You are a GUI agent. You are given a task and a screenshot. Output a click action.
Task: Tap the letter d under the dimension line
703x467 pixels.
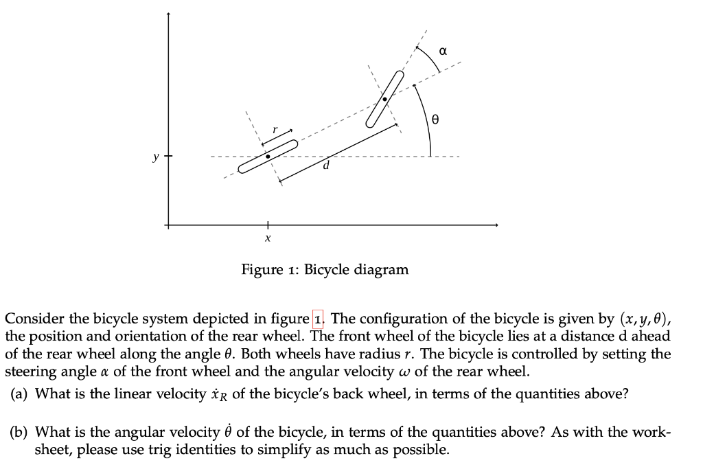[327, 165]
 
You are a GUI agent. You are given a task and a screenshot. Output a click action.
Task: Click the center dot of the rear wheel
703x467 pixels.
[268, 157]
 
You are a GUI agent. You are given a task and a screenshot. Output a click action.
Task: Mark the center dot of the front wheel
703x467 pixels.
[384, 99]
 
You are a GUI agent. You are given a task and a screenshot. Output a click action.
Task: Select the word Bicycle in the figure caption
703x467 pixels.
[328, 269]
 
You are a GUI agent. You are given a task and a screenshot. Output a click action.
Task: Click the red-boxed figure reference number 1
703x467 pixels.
[317, 319]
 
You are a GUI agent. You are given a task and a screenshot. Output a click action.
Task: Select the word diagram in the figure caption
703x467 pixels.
[382, 269]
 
